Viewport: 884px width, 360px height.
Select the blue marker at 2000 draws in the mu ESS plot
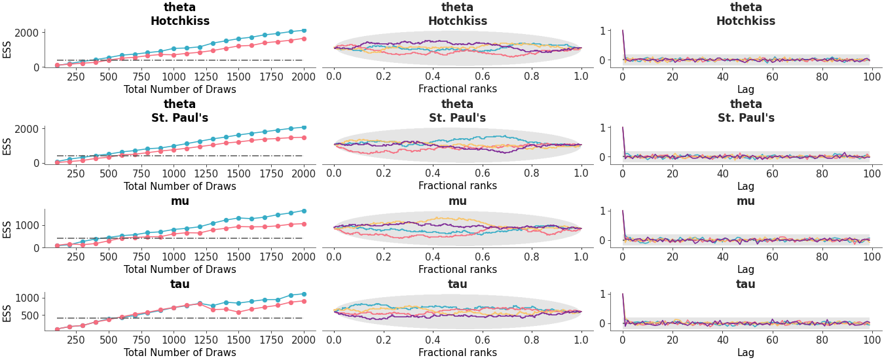click(304, 211)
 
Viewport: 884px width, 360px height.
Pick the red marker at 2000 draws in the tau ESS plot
click(304, 301)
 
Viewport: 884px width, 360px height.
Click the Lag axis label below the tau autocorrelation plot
click(746, 353)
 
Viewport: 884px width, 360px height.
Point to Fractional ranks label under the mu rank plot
click(457, 269)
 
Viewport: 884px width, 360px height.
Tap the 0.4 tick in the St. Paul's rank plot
click(433, 173)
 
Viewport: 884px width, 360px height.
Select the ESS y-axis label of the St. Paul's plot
click(7, 145)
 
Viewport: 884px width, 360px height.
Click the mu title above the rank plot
click(457, 201)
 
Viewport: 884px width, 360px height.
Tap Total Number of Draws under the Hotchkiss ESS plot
click(179, 89)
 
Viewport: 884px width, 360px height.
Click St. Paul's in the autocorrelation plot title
click(746, 118)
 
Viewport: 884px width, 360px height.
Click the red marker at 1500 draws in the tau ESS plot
click(239, 312)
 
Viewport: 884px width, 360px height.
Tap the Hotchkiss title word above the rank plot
click(457, 21)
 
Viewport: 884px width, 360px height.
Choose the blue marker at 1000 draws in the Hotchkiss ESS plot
click(174, 48)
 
